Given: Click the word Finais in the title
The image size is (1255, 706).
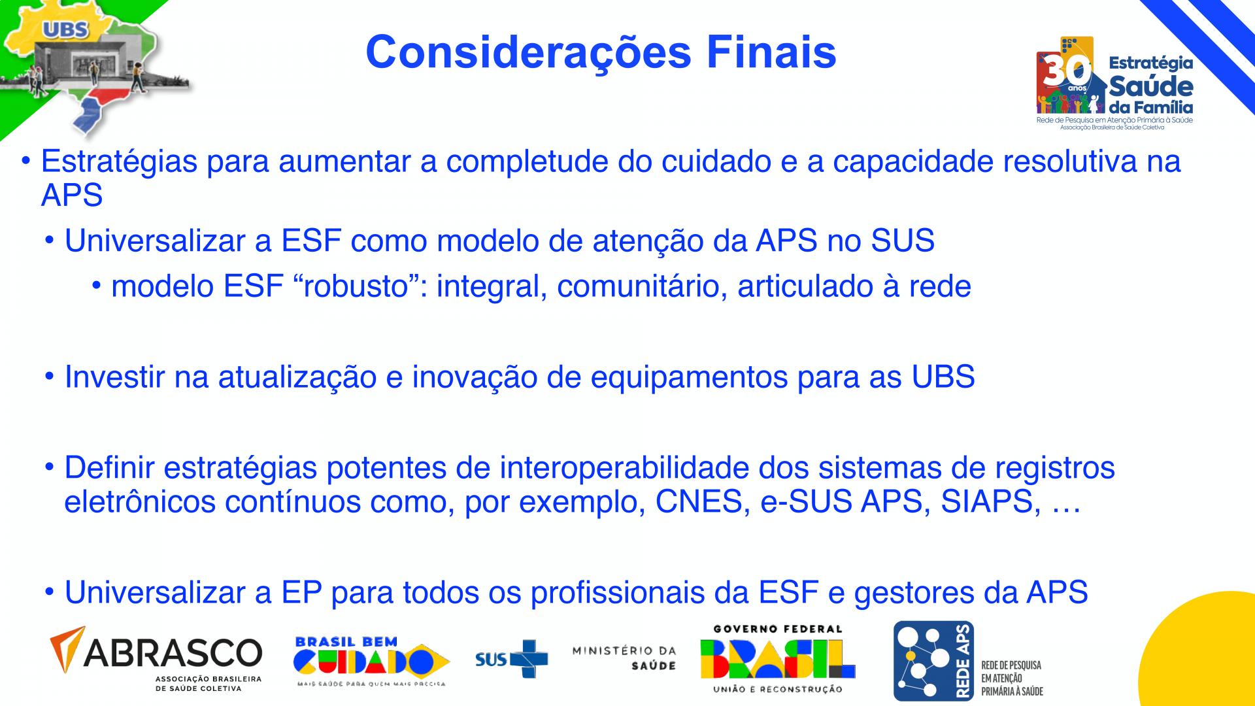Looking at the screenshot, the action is click(771, 52).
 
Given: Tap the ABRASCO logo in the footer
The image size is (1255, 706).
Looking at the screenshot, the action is click(156, 659).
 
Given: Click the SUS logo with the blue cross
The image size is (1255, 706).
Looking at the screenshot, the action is click(512, 659).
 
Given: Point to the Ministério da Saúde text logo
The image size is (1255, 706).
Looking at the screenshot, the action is click(624, 658).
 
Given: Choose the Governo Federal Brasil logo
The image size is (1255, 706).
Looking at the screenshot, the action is click(778, 659).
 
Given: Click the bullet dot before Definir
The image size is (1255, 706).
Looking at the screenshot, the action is click(50, 468).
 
